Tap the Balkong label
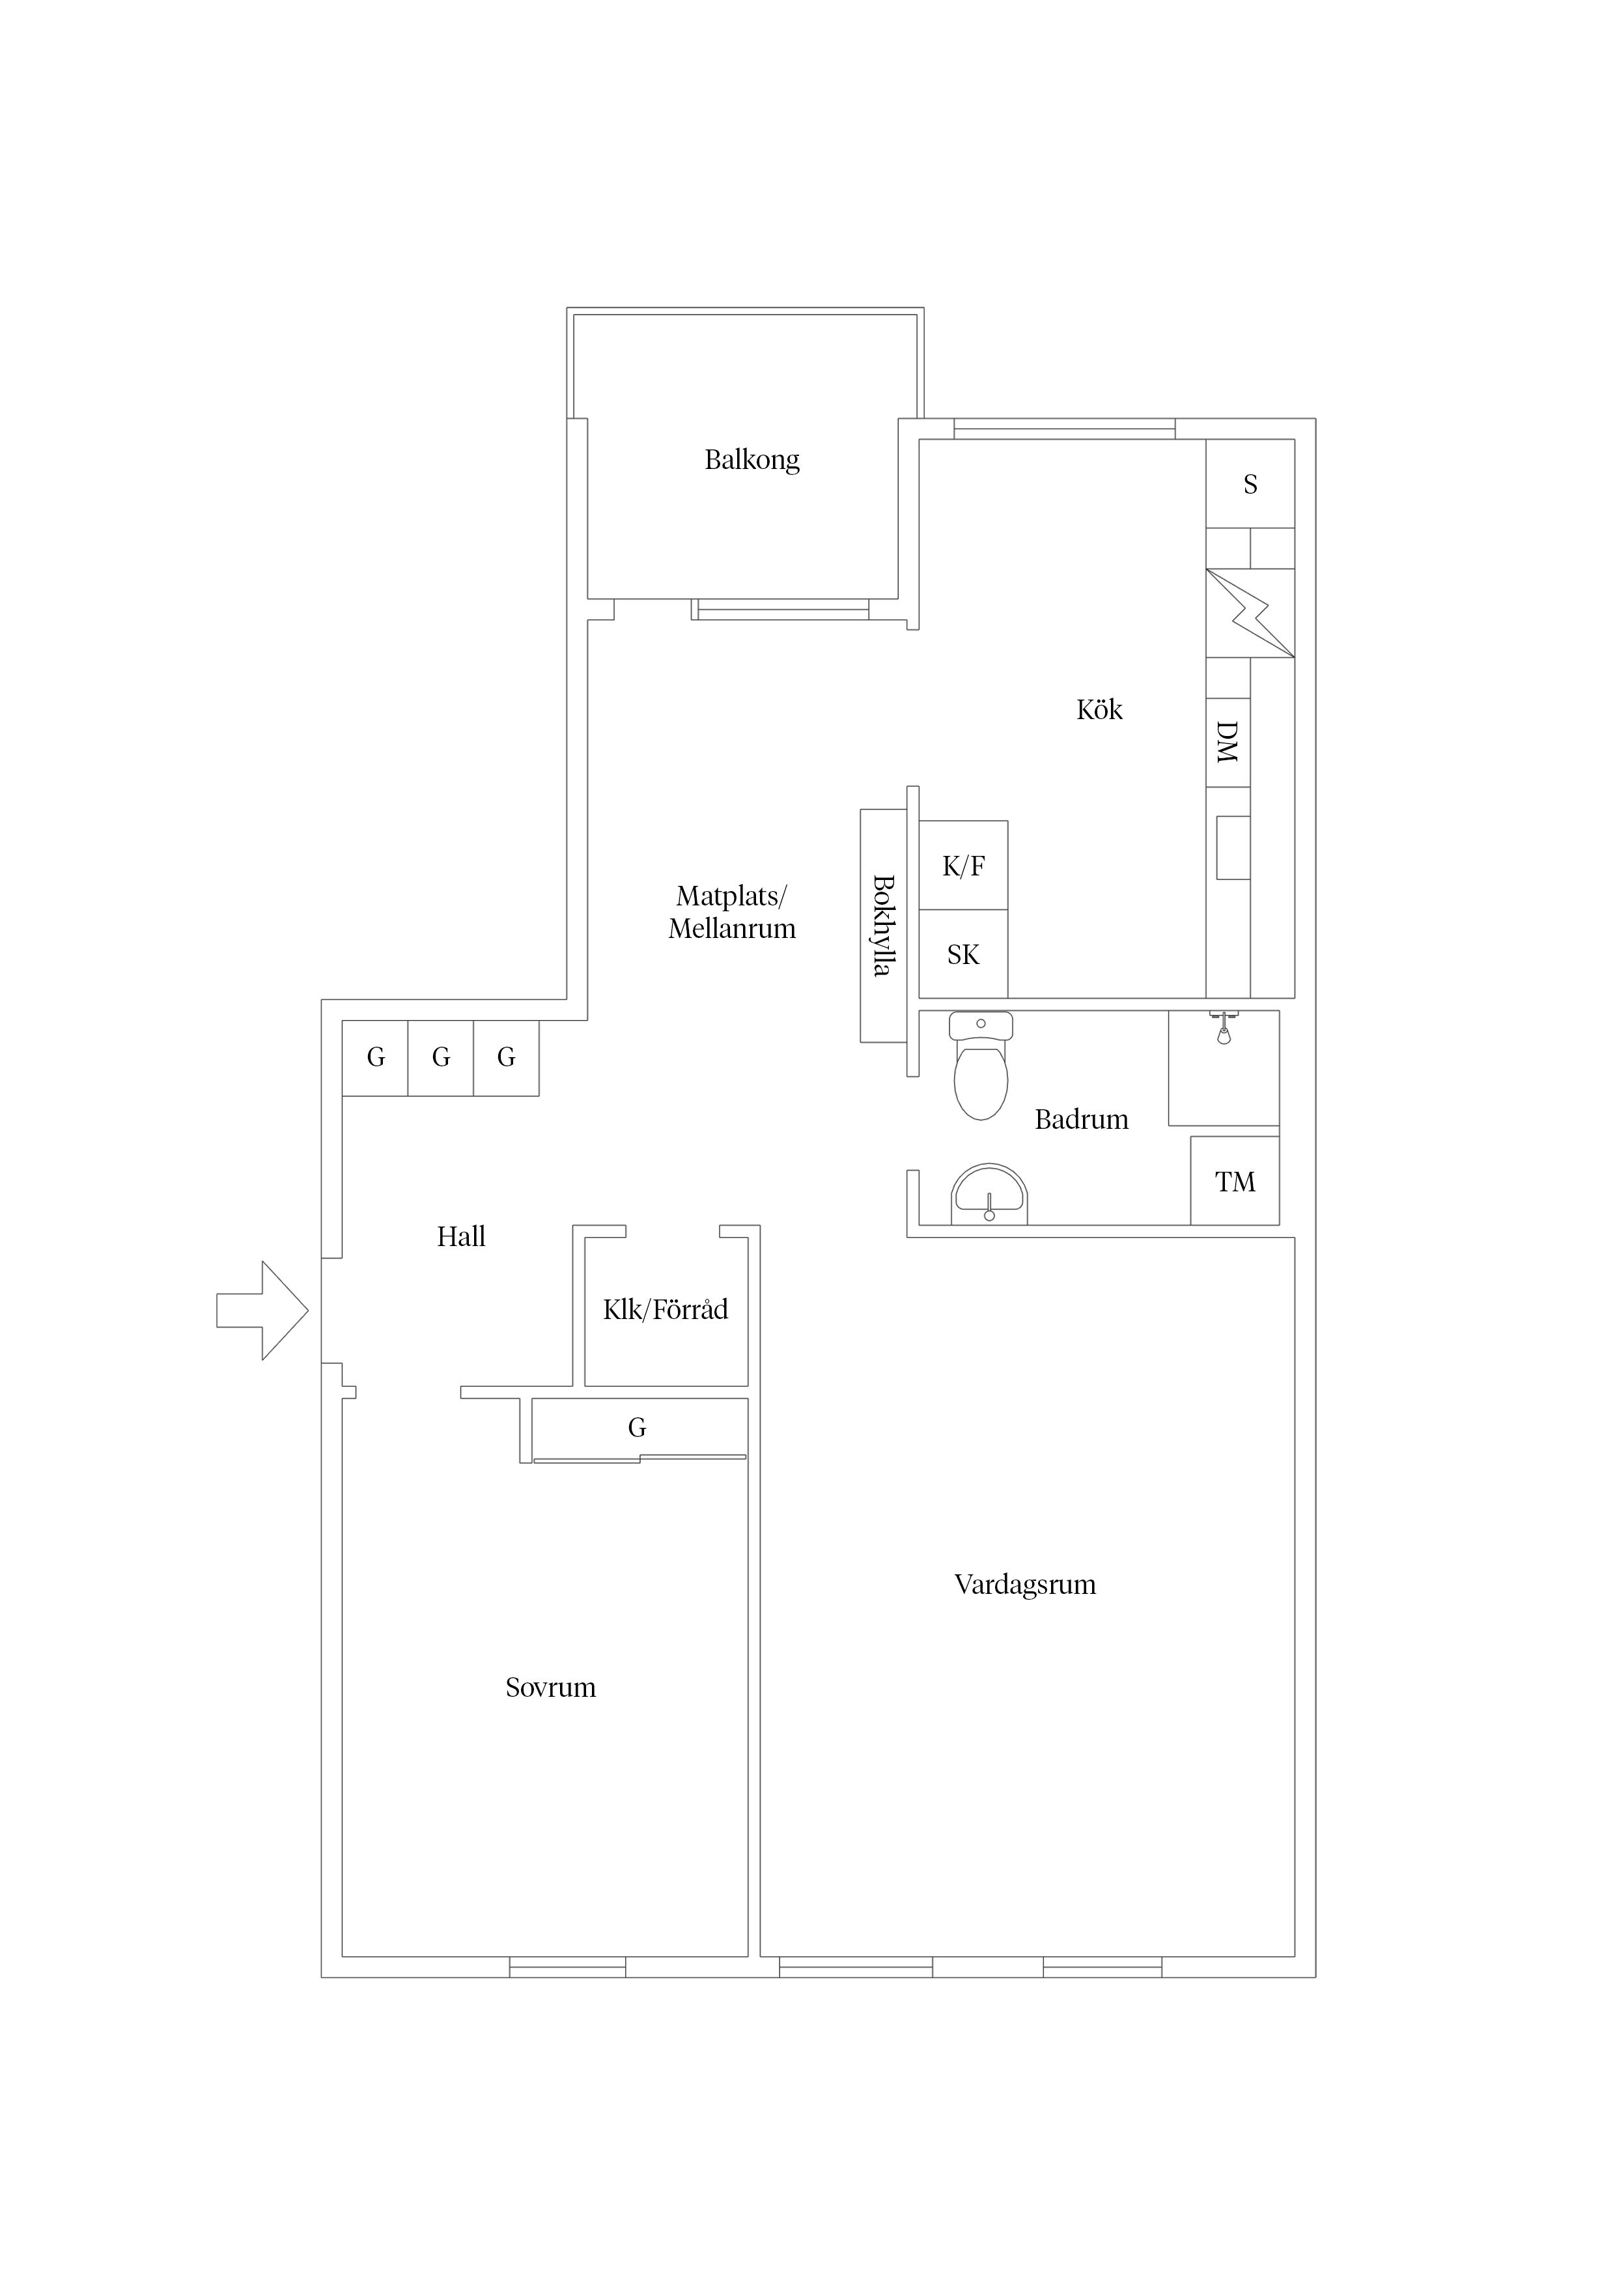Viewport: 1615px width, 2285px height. tap(751, 460)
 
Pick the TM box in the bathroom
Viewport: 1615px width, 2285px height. tap(1235, 1182)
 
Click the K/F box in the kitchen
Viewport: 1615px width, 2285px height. tap(963, 866)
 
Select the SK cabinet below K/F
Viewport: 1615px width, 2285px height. tap(963, 954)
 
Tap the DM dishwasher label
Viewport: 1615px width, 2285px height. tap(1228, 743)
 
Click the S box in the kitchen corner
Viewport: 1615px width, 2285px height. tap(1250, 485)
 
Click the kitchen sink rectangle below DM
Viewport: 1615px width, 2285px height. tap(1233, 848)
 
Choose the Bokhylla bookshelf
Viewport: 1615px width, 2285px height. tap(882, 926)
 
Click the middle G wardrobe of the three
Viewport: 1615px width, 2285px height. tap(441, 1058)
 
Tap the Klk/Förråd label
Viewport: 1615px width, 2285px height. tap(666, 1310)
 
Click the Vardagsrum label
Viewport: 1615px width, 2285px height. tap(1025, 1584)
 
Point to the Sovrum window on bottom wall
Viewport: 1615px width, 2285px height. tap(567, 1968)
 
